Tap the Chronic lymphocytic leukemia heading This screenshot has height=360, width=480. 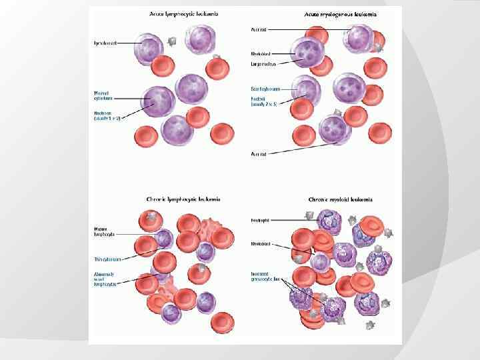click(x=183, y=199)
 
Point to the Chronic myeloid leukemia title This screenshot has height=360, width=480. click(x=340, y=199)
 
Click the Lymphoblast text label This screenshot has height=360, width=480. click(x=105, y=43)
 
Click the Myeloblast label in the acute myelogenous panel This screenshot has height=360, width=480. click(x=259, y=53)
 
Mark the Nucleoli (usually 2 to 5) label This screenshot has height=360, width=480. click(x=264, y=101)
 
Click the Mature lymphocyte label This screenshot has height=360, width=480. click(x=104, y=231)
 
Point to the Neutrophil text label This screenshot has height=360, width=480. click(x=259, y=219)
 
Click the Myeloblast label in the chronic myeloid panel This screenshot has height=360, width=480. click(x=260, y=244)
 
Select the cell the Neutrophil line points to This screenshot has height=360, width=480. click(x=329, y=221)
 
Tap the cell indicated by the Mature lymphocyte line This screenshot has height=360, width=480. click(x=164, y=238)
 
